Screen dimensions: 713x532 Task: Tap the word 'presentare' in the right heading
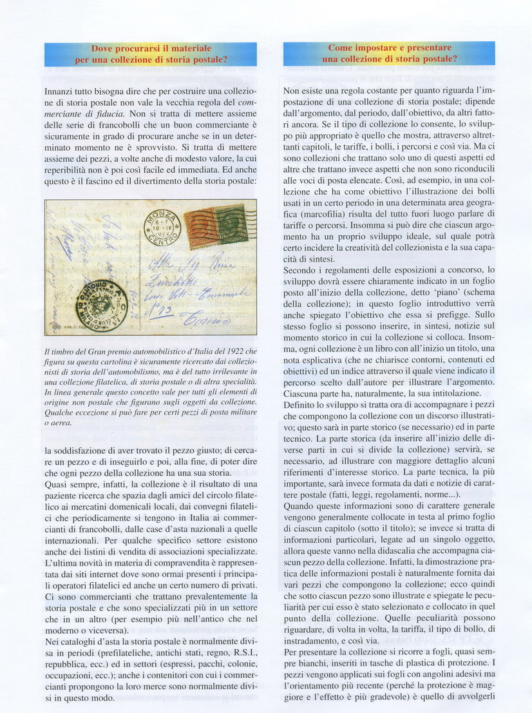pos(426,48)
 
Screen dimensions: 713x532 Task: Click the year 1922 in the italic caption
pos(222,352)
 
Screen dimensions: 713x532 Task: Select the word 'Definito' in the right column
pos(301,404)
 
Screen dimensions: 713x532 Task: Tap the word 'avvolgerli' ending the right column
pos(473,698)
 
